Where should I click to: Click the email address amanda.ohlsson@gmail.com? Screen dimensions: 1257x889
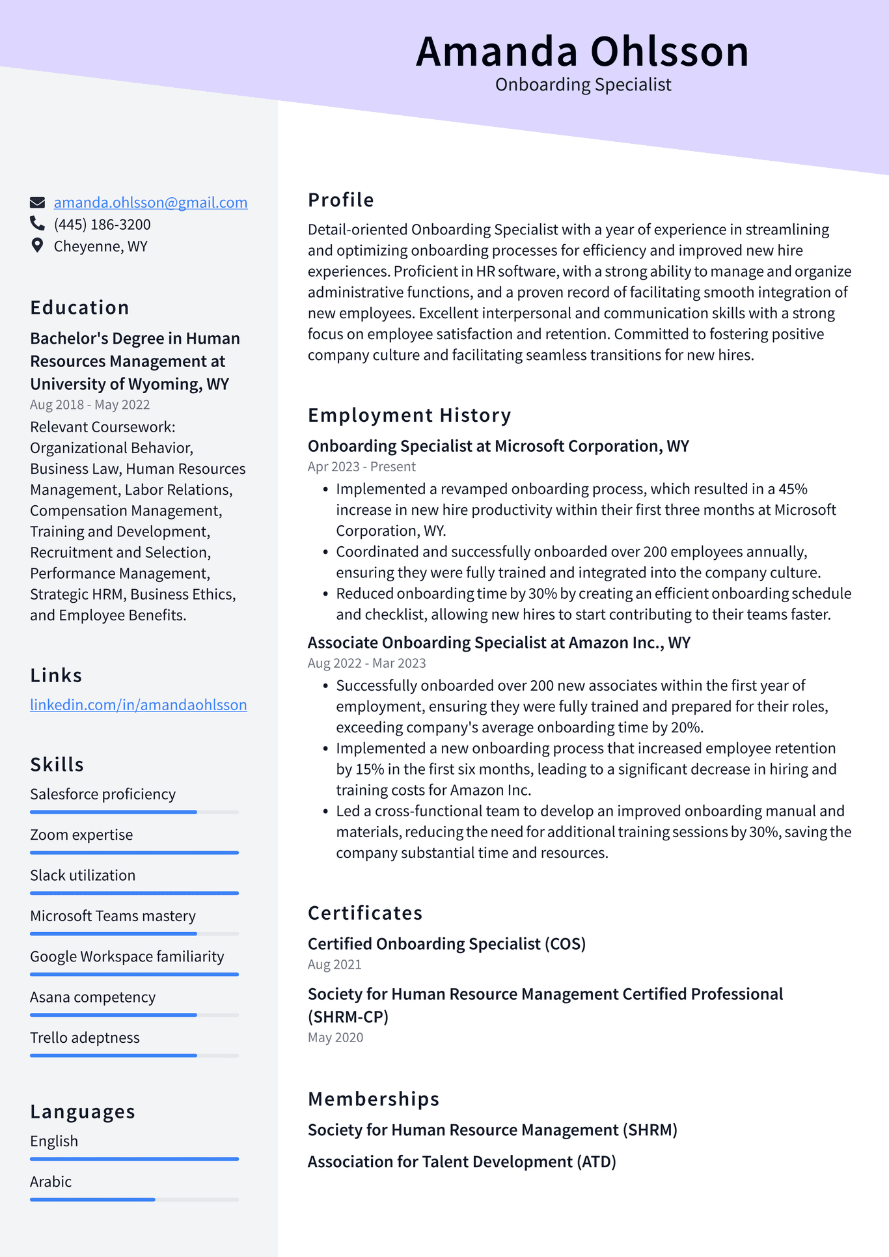click(x=150, y=202)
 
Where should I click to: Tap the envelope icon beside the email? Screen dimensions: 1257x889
click(x=38, y=202)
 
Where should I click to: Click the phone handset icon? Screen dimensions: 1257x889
click(x=37, y=224)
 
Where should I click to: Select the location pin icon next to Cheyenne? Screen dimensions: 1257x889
click(x=37, y=246)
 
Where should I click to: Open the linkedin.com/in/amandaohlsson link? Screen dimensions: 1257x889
click(x=138, y=704)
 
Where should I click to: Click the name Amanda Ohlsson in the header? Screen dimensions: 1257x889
click(x=582, y=51)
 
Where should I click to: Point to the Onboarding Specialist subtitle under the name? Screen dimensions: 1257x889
click(x=583, y=85)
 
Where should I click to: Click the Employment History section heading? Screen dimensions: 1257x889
click(x=409, y=415)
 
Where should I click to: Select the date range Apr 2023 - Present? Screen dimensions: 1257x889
click(x=361, y=467)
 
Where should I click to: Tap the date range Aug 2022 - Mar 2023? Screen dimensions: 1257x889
click(x=366, y=663)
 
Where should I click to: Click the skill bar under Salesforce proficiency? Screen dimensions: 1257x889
click(x=134, y=812)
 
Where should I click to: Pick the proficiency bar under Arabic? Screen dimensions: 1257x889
click(x=134, y=1199)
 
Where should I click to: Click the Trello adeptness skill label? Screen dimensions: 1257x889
click(x=85, y=1038)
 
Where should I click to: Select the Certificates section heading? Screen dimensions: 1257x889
click(x=365, y=913)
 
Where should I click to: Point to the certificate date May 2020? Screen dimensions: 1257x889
click(x=335, y=1038)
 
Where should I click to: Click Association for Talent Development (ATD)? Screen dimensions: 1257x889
click(x=461, y=1162)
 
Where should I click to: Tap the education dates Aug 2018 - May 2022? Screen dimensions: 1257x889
click(x=90, y=404)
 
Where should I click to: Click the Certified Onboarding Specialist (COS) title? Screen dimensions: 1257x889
click(x=446, y=944)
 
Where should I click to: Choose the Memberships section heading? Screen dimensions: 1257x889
click(x=374, y=1099)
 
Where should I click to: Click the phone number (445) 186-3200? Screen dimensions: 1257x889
click(x=102, y=225)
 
